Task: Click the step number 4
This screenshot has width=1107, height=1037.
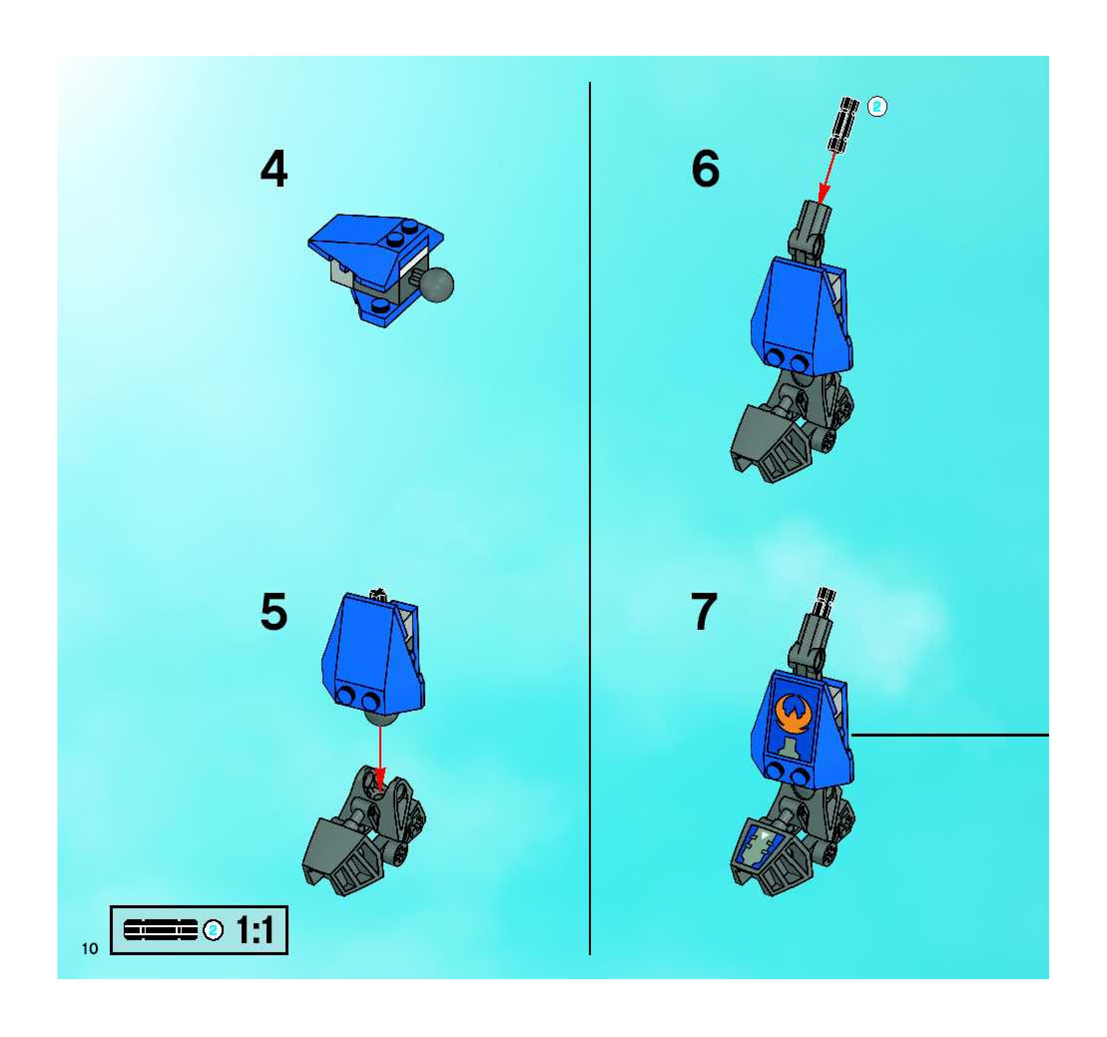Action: pos(274,169)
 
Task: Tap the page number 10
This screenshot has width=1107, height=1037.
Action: pos(90,949)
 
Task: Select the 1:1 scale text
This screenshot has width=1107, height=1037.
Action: pos(255,930)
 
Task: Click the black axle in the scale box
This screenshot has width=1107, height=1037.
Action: pos(160,930)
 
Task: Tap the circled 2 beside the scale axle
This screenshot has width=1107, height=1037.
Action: pos(213,930)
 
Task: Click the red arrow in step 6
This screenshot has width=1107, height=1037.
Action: pos(828,178)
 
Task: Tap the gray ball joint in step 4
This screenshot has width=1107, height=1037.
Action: pos(436,284)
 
